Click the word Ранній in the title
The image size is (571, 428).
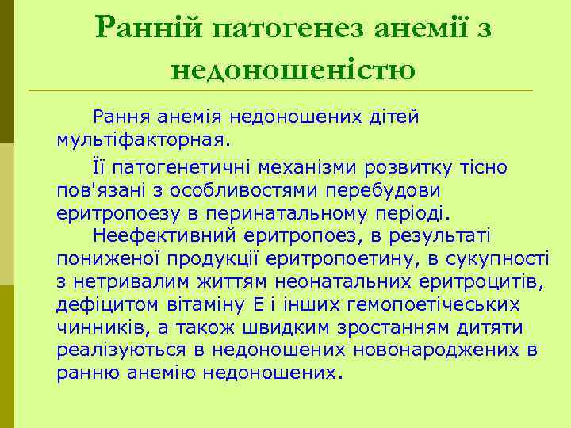[x=150, y=29]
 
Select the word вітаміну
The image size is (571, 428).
[x=207, y=304]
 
